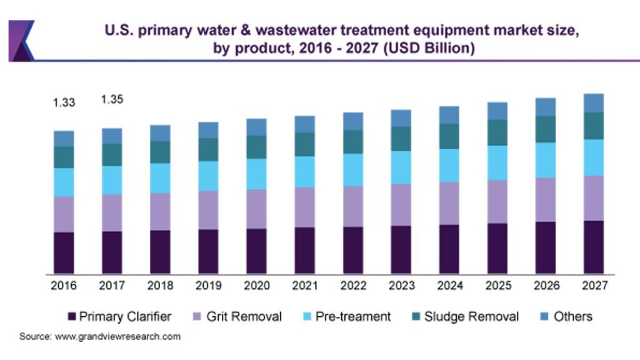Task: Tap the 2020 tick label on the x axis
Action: [x=256, y=286]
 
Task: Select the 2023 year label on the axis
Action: [x=401, y=286]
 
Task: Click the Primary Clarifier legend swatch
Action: [x=71, y=317]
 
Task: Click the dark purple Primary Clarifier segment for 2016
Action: [x=64, y=252]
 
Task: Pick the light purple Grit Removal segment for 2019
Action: [x=208, y=209]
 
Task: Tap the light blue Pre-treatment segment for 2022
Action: [x=352, y=169]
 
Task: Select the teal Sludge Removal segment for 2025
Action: [x=497, y=132]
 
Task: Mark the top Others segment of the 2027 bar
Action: [x=593, y=103]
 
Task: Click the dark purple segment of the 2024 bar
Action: [x=449, y=249]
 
